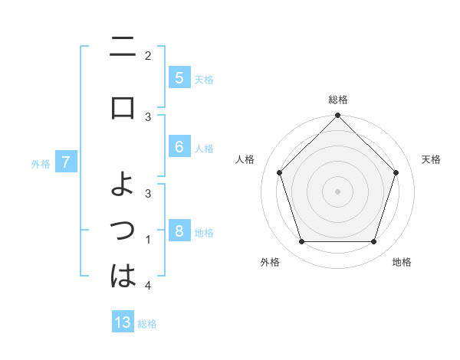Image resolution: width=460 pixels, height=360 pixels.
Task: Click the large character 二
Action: (123, 49)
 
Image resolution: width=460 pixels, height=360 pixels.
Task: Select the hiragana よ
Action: (123, 185)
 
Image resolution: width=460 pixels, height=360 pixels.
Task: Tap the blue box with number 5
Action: (179, 78)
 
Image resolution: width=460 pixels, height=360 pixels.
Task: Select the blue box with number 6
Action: (179, 148)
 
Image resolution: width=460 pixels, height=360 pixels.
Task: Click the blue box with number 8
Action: (179, 232)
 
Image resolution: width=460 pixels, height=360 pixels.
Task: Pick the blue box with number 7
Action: (66, 162)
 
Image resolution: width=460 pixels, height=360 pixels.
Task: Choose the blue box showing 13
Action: (123, 322)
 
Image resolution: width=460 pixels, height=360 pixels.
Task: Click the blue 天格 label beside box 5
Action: (204, 79)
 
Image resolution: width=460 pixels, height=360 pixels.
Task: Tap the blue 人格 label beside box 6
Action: (204, 149)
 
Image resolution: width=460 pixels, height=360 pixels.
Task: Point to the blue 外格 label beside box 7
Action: (41, 163)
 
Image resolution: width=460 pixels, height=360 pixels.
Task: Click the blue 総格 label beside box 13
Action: (147, 324)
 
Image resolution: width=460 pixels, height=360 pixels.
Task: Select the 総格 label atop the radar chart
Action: (337, 100)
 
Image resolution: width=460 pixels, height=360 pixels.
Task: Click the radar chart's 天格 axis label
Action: (431, 159)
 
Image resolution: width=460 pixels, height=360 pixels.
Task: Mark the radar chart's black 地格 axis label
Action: (402, 263)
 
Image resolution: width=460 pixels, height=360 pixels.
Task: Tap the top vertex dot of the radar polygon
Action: (337, 116)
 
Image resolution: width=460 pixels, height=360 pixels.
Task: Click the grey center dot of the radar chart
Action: (337, 191)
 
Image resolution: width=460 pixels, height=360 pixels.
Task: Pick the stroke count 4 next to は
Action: (147, 286)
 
